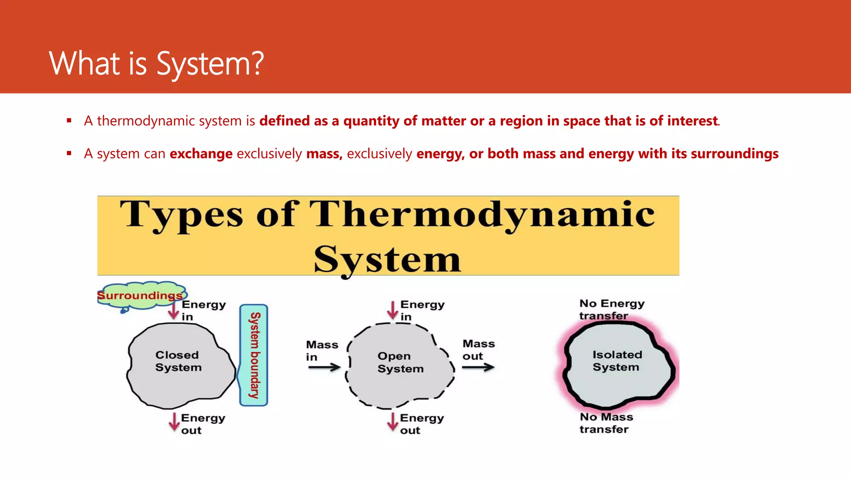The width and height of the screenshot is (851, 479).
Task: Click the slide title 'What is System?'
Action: click(156, 64)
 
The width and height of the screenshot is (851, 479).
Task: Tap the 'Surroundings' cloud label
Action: click(140, 296)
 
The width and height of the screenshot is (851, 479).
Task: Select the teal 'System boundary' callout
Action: click(254, 355)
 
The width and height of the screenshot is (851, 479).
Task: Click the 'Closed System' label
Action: click(178, 361)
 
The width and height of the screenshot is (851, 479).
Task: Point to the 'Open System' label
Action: click(400, 362)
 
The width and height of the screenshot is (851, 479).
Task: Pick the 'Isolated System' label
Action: click(617, 361)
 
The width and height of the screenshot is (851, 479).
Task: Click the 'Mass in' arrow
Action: click(325, 367)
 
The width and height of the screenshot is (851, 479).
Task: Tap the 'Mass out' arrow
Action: click(478, 367)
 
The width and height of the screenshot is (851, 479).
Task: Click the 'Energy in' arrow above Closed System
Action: click(174, 310)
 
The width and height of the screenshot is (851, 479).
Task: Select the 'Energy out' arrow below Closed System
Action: click(174, 422)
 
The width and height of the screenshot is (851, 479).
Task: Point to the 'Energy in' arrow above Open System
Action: click(392, 310)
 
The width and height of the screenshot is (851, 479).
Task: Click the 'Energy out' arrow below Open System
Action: click(392, 422)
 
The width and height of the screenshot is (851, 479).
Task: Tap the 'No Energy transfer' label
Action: click(612, 309)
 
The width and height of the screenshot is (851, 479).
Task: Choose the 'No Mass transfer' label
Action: click(606, 423)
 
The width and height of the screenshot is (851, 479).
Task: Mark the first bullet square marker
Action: click(69, 121)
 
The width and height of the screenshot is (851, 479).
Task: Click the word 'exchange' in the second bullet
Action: click(201, 154)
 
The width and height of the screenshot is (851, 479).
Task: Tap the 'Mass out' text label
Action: click(478, 350)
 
